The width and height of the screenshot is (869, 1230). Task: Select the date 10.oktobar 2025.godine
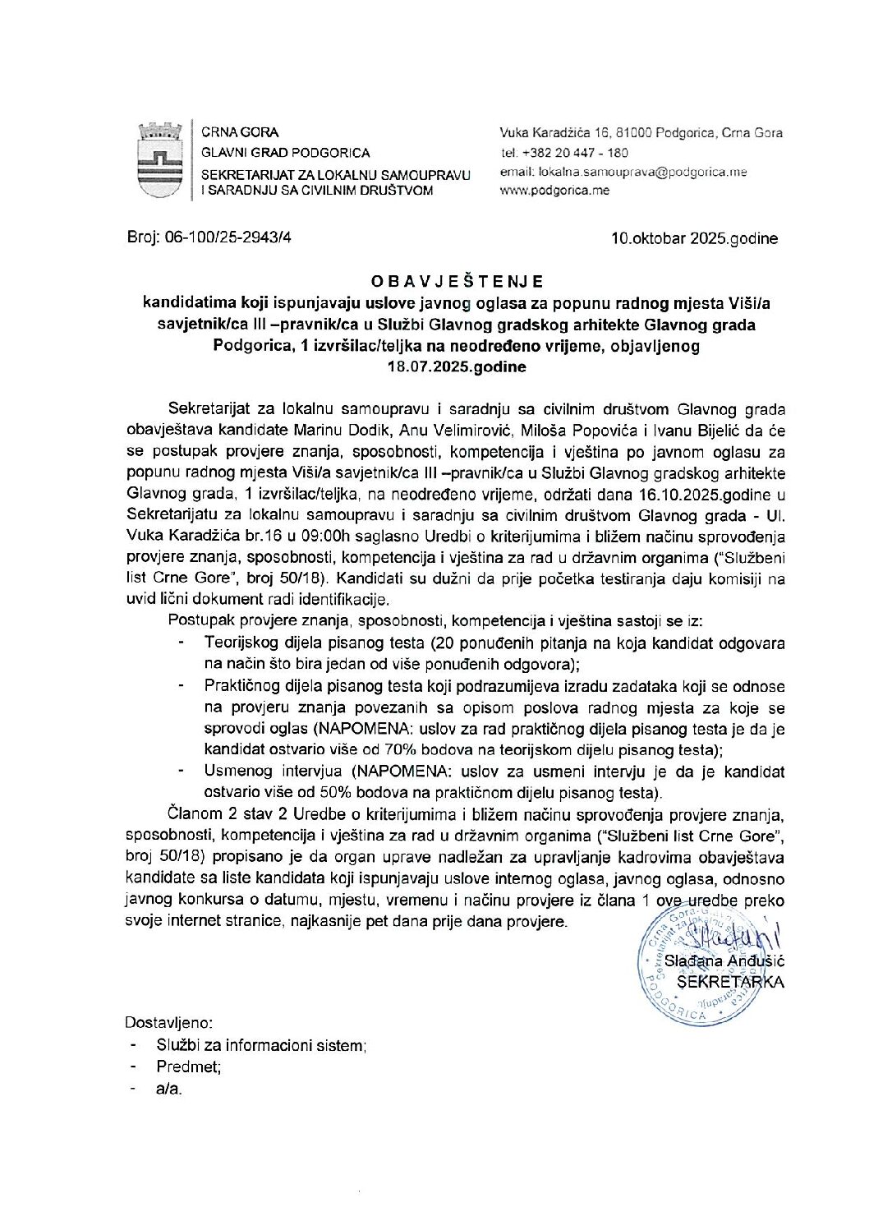(x=694, y=239)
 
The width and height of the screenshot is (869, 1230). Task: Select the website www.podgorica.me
(x=554, y=191)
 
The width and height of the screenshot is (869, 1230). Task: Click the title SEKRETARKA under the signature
(x=730, y=981)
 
